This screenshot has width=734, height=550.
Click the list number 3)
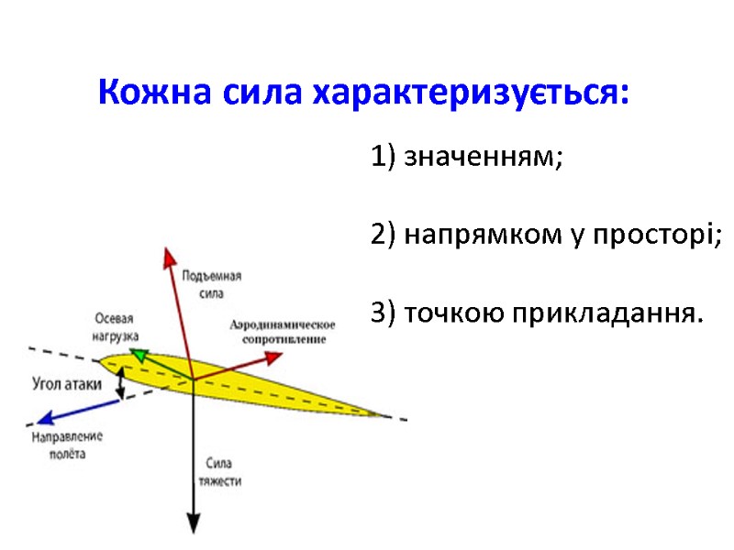384,313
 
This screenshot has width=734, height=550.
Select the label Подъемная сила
211,285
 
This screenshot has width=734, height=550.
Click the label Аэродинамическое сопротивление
283,332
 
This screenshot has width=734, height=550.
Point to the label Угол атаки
66,384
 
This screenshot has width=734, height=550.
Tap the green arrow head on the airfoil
136,353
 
